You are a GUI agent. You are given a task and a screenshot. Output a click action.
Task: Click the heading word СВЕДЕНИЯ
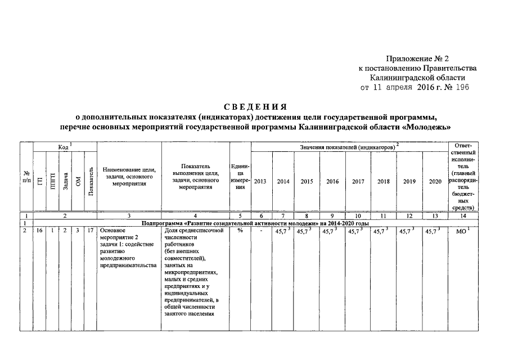point(255,106)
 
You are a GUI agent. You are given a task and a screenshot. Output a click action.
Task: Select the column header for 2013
point(260,182)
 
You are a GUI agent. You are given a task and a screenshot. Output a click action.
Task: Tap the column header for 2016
point(332,182)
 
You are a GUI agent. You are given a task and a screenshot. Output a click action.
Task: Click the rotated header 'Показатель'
point(91,182)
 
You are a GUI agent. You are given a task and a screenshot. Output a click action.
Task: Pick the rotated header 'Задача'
point(66,182)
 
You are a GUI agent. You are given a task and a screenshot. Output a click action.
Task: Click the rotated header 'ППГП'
point(52,182)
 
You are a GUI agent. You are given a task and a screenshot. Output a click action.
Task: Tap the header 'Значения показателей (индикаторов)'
point(348,147)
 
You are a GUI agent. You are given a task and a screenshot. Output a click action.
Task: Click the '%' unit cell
point(240,231)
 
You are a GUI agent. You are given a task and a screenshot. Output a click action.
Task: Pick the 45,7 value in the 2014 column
point(282,231)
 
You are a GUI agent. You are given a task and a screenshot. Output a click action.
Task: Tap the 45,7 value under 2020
point(433,231)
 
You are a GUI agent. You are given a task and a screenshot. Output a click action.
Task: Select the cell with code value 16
point(39,231)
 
